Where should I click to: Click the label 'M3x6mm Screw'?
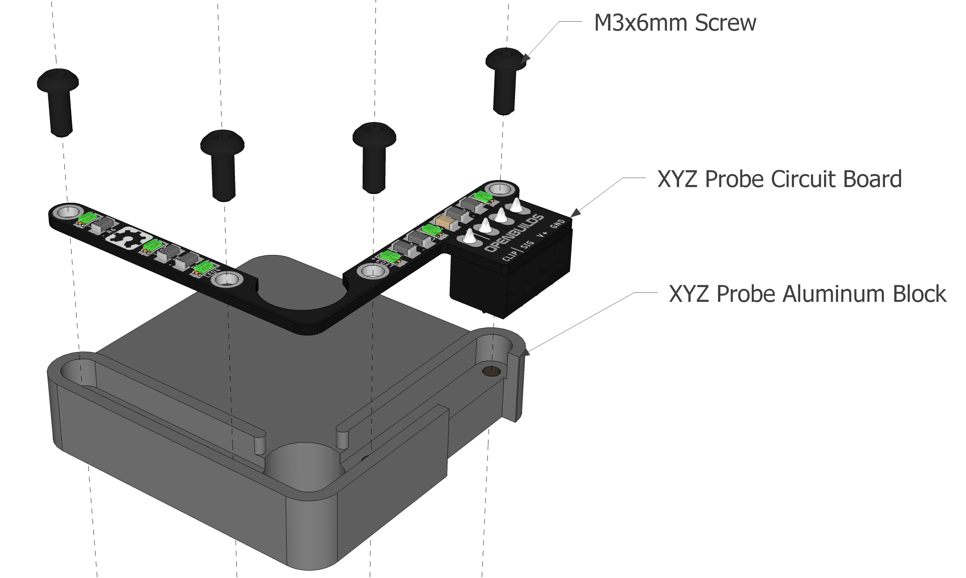pyautogui.click(x=675, y=23)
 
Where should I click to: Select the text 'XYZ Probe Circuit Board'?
pyautogui.click(x=779, y=179)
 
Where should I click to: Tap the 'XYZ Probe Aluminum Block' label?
pyautogui.click(x=807, y=294)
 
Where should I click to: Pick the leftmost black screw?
pyautogui.click(x=58, y=101)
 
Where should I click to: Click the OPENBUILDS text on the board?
pyautogui.click(x=514, y=233)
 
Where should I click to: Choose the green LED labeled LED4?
pyautogui.click(x=205, y=268)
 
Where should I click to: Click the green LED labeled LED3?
pyautogui.click(x=390, y=257)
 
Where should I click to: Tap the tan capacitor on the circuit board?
pyautogui.click(x=447, y=222)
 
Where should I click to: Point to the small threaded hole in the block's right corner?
pyautogui.click(x=491, y=371)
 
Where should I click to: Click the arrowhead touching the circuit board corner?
pyautogui.click(x=575, y=213)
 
